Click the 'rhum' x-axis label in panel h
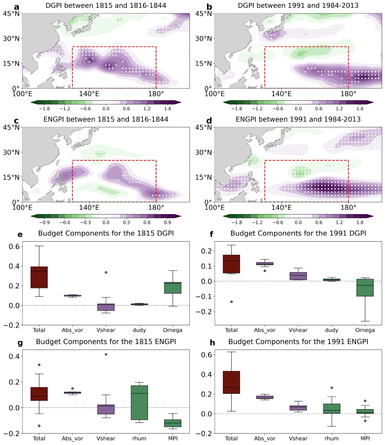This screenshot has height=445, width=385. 331,439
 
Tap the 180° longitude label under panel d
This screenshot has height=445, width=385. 348,207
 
